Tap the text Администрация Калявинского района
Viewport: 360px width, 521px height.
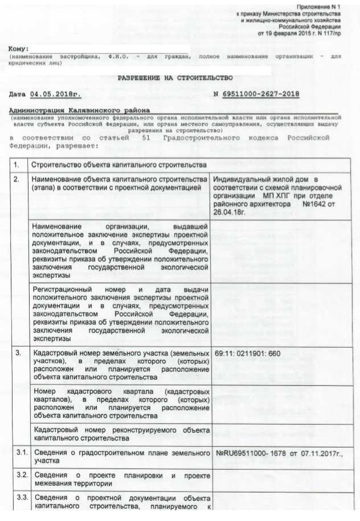point(80,109)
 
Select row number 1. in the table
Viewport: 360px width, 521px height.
point(17,165)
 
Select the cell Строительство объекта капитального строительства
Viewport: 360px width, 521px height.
point(118,165)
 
